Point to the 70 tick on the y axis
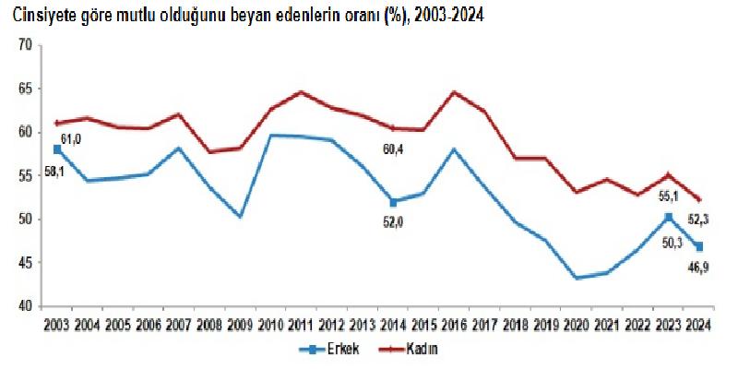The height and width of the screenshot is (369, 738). [x=25, y=45]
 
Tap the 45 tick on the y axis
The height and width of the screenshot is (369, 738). [x=25, y=263]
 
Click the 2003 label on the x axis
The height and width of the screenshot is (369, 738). [x=57, y=324]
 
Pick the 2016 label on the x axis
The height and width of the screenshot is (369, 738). [x=453, y=324]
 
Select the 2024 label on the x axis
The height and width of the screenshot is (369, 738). [x=697, y=324]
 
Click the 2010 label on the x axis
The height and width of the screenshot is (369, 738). [x=270, y=324]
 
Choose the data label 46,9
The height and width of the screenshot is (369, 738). [x=698, y=268]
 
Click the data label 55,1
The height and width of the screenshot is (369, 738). [x=667, y=196]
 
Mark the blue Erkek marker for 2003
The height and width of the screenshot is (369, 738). [x=57, y=149]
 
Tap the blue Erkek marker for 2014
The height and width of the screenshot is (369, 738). [x=393, y=202]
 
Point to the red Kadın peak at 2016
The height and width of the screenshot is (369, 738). [x=454, y=92]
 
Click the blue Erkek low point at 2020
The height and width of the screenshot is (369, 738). [x=576, y=278]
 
